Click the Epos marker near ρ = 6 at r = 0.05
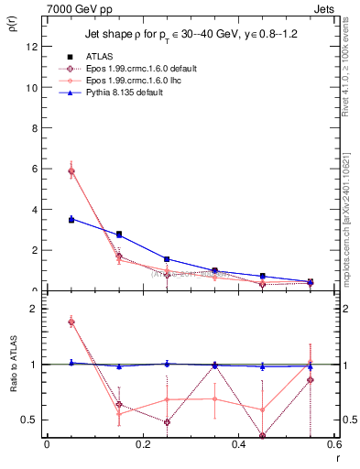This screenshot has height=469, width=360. point(71,171)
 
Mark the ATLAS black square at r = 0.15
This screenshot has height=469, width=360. point(118,234)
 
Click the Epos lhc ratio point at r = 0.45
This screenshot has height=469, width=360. point(262,409)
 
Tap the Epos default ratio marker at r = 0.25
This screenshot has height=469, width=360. point(167,422)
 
